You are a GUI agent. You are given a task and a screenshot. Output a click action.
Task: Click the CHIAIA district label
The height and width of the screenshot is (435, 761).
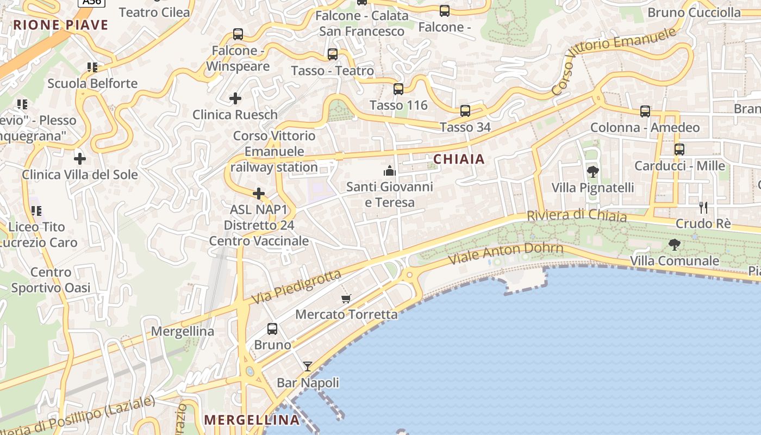pyautogui.click(x=459, y=159)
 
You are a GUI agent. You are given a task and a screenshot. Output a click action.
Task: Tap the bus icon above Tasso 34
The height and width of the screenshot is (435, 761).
pyautogui.click(x=465, y=111)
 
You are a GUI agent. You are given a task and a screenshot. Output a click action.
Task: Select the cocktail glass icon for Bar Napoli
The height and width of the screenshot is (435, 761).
pyautogui.click(x=308, y=366)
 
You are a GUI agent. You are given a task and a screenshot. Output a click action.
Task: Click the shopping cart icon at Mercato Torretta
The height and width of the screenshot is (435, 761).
pyautogui.click(x=346, y=299)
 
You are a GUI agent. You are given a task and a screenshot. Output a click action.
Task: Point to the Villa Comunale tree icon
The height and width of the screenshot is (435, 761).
pyautogui.click(x=675, y=245)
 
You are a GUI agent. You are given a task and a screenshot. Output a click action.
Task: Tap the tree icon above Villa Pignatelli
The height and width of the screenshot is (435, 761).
pyautogui.click(x=593, y=172)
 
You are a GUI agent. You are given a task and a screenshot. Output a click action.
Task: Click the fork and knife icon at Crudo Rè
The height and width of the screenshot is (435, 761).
pyautogui.click(x=703, y=207)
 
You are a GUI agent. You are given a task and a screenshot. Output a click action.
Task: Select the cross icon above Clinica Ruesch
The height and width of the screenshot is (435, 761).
pyautogui.click(x=235, y=98)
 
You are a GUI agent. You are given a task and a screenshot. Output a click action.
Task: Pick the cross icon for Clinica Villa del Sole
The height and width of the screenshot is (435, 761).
pyautogui.click(x=80, y=159)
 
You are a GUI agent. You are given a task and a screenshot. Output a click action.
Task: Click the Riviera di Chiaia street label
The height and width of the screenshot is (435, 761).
pyautogui.click(x=577, y=215)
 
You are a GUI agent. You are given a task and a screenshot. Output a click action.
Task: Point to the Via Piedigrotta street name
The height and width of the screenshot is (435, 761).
pyautogui.click(x=297, y=287)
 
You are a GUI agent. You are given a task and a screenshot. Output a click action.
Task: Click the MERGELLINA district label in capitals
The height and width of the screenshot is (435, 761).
pyautogui.click(x=252, y=420)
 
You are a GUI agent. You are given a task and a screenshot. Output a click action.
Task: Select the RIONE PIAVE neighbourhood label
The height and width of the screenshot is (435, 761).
pyautogui.click(x=61, y=24)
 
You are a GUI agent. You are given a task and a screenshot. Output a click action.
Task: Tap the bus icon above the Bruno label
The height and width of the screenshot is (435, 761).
pyautogui.click(x=272, y=329)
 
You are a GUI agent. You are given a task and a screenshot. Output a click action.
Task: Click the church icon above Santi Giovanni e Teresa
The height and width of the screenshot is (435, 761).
pyautogui.click(x=389, y=171)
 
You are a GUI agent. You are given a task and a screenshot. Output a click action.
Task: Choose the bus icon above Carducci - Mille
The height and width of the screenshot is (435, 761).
pyautogui.click(x=679, y=150)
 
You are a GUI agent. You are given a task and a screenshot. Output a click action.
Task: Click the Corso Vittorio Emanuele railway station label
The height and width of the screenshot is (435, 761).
pyautogui.click(x=274, y=151)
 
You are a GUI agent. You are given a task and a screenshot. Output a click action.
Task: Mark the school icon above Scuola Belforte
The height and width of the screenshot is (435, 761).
pyautogui.click(x=92, y=67)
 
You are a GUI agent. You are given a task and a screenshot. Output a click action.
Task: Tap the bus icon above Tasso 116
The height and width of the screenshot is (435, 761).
pyautogui.click(x=398, y=89)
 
